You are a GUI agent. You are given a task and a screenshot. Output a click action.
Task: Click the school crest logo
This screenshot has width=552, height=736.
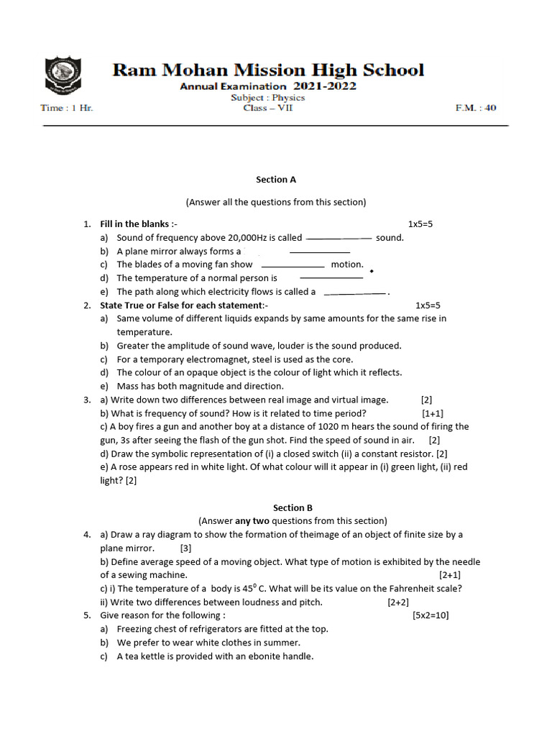coord(64,78)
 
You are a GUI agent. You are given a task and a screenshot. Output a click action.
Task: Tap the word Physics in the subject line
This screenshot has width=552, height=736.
coord(288,97)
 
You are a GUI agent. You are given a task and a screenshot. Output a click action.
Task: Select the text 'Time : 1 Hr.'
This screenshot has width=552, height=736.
coord(67,109)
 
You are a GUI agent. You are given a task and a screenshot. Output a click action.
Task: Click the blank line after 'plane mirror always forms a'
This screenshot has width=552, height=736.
coord(319,252)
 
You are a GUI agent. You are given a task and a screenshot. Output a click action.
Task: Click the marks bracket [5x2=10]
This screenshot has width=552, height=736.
coord(431,615)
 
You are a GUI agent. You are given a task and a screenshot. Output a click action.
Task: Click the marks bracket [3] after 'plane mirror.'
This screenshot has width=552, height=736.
coord(185,548)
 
